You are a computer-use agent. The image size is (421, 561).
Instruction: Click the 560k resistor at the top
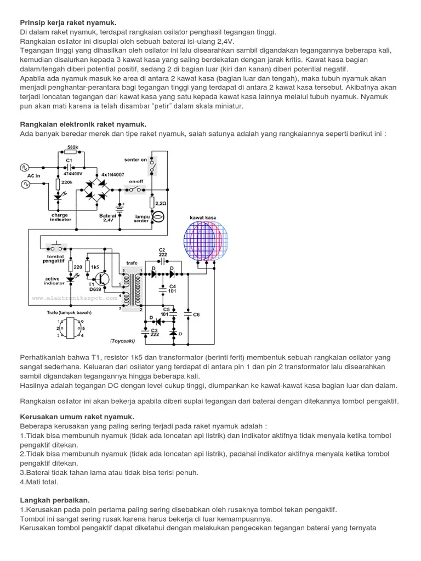72,153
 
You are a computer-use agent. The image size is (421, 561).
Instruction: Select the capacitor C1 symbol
70,167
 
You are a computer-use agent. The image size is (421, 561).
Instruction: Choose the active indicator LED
70,279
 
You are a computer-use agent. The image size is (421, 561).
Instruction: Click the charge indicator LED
58,196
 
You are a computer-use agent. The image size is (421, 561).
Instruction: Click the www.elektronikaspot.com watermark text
75,299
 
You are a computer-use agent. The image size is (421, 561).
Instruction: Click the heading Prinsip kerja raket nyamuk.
68,22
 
